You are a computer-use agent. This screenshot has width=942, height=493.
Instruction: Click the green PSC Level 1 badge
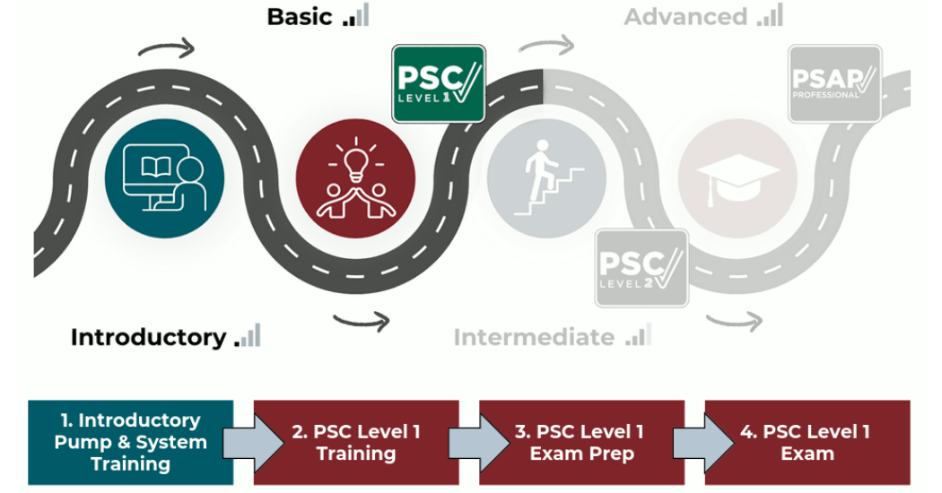[439, 83]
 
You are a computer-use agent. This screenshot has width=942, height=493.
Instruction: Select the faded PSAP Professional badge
[834, 83]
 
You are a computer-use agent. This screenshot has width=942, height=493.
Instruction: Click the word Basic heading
[300, 16]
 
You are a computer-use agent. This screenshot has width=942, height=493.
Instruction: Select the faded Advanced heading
[685, 16]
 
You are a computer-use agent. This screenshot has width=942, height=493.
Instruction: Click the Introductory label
[148, 337]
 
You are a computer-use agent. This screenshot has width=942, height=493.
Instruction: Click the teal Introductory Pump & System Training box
[130, 442]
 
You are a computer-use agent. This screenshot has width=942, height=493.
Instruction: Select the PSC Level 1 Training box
[356, 442]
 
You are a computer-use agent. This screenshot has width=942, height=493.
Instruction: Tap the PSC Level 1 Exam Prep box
[581, 442]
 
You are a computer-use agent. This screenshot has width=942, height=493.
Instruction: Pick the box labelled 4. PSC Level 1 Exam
[807, 442]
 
